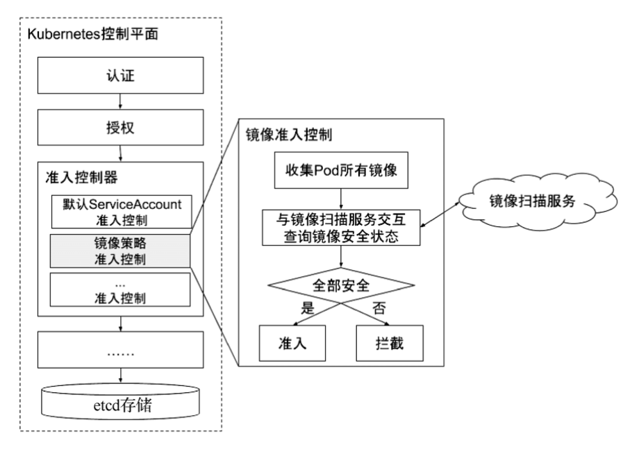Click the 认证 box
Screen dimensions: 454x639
[121, 74]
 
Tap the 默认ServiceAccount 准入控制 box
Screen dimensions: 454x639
[122, 212]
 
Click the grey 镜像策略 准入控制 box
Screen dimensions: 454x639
[122, 251]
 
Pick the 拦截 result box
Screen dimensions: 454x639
[390, 342]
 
